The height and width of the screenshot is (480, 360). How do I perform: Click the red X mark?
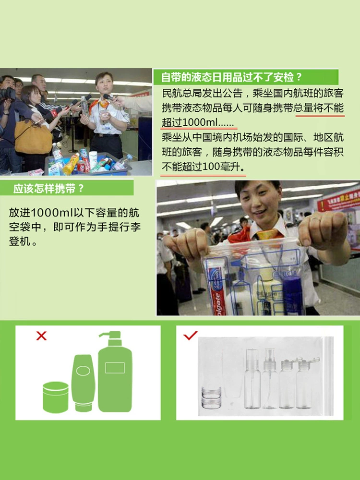[x=41, y=336]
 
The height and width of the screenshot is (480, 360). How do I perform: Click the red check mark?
[x=190, y=335]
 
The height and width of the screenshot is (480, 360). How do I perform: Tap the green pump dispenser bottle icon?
[x=115, y=372]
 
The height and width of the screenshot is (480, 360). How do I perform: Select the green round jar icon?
[x=55, y=397]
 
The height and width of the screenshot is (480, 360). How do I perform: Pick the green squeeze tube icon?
[x=83, y=383]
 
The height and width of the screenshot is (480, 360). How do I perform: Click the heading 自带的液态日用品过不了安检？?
[x=231, y=77]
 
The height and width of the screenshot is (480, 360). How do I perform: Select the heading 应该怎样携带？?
[x=48, y=188]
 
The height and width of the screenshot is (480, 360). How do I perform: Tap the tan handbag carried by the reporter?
[x=33, y=136]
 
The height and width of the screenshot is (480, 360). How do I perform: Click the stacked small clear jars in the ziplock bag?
[x=211, y=397]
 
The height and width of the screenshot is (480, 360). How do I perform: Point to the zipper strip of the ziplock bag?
[x=329, y=376]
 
